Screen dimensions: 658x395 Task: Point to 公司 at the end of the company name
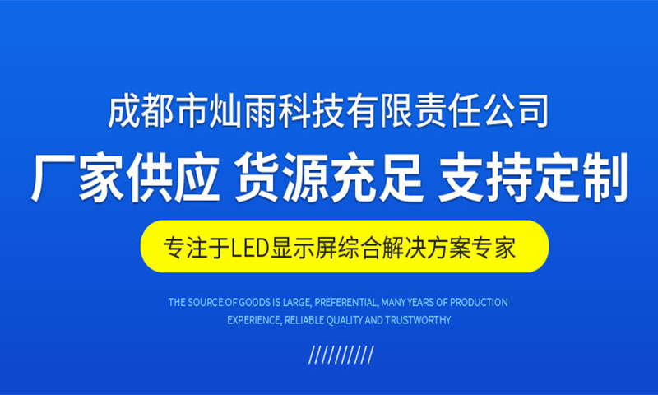click(516, 112)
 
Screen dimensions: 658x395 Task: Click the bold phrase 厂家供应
click(125, 179)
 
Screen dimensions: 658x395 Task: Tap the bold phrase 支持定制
click(532, 179)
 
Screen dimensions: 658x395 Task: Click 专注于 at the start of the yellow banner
click(197, 248)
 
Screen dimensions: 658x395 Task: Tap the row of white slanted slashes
click(341, 355)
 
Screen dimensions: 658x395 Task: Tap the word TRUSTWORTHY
click(418, 320)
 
